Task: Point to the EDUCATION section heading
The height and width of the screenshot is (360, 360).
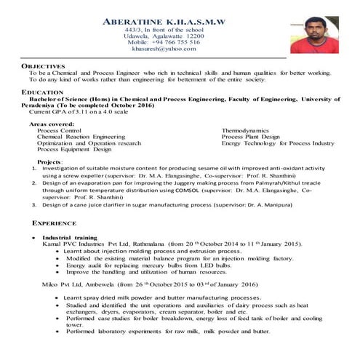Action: point(42,92)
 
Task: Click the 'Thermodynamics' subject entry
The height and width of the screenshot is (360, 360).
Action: point(246,130)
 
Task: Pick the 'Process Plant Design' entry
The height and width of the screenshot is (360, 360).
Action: point(250,137)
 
